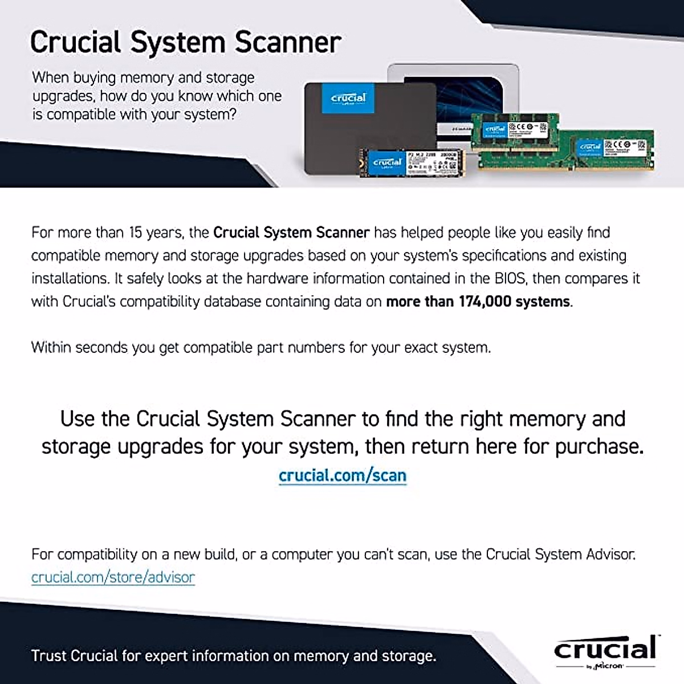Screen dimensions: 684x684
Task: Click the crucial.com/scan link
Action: tap(342, 475)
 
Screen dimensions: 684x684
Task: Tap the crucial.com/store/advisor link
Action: tap(113, 577)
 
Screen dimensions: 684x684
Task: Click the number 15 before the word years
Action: tap(135, 233)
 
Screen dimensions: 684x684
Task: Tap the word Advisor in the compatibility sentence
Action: tap(611, 555)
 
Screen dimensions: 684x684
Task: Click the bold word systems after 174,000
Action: tap(542, 302)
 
